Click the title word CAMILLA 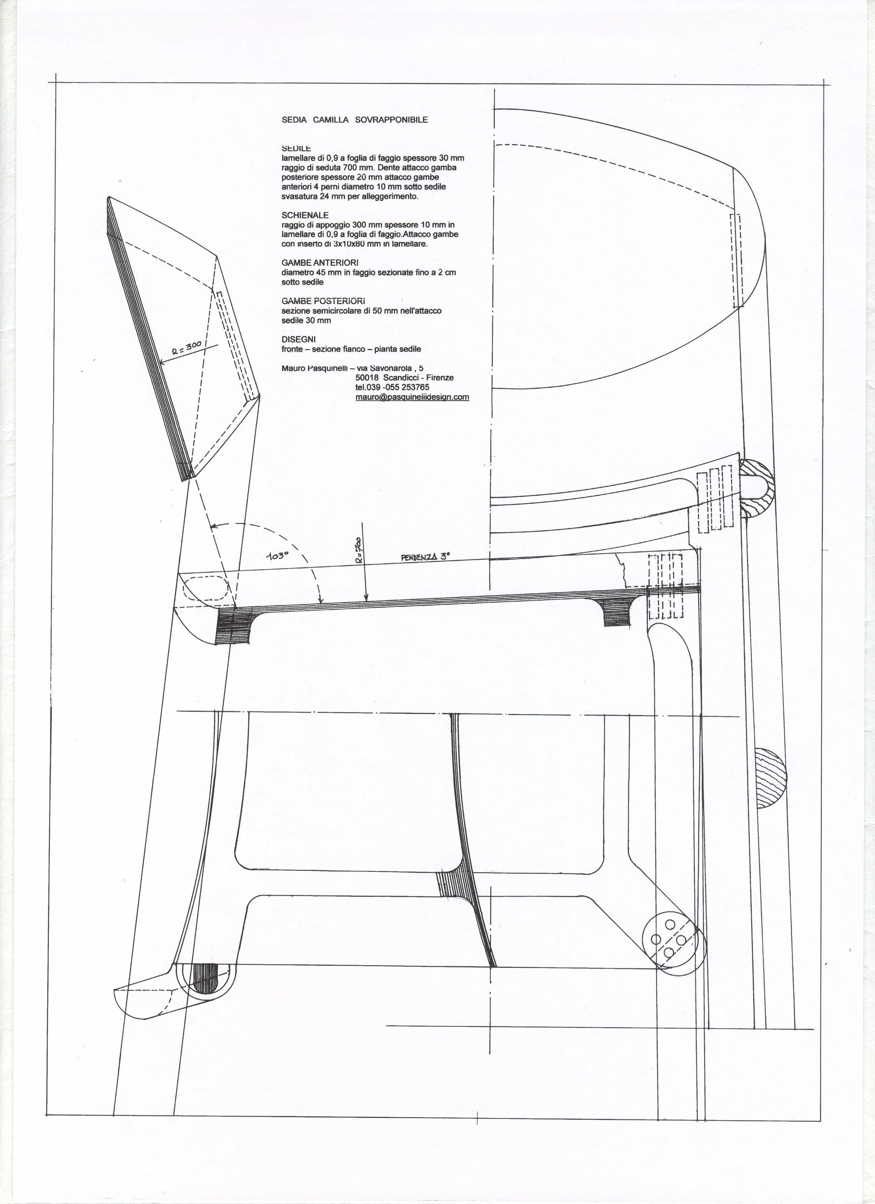(330, 120)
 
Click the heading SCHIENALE (305, 215)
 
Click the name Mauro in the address (294, 368)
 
